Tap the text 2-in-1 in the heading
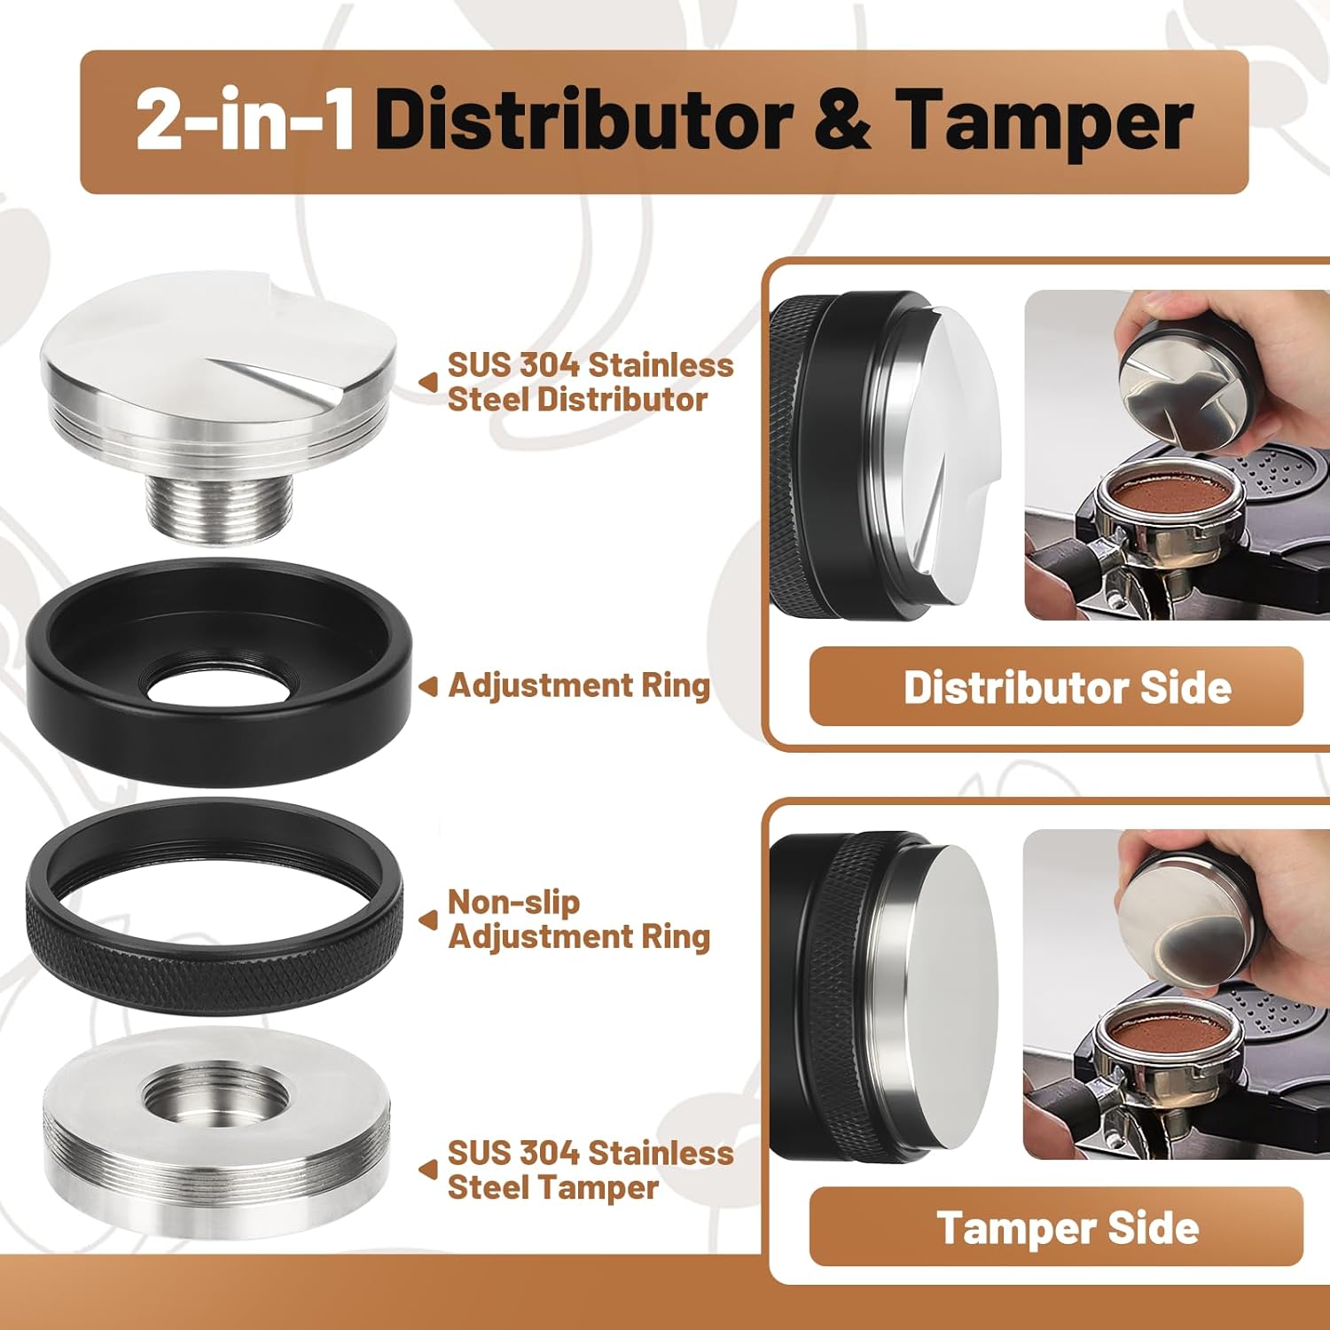click(x=246, y=121)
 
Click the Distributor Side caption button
click(x=1055, y=687)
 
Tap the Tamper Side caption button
click(x=1055, y=1227)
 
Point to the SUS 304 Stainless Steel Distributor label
click(x=590, y=382)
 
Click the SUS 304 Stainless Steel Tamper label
click(x=590, y=1170)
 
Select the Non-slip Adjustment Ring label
click(x=578, y=919)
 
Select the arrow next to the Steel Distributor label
click(x=428, y=382)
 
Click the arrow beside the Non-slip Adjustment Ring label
click(x=428, y=920)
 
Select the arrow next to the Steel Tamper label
click(x=428, y=1170)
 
